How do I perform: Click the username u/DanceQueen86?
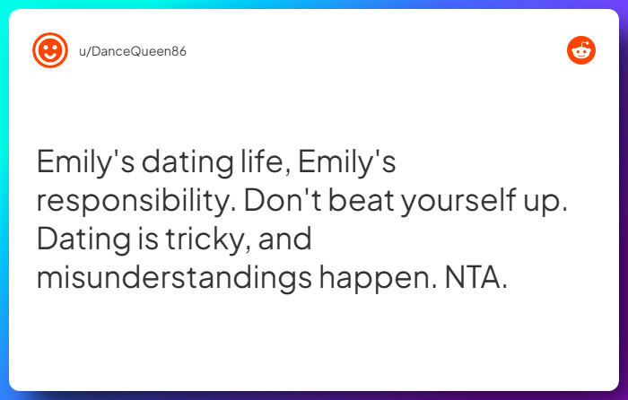(133, 51)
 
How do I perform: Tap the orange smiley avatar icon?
(50, 50)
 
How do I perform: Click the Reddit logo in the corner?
(581, 51)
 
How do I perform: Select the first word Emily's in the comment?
(82, 162)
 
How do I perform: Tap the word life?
(262, 162)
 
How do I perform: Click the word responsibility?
(135, 201)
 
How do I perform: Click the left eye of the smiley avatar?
(45, 47)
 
